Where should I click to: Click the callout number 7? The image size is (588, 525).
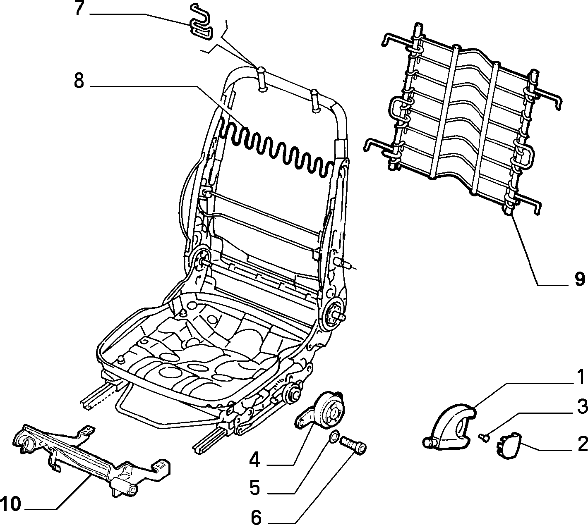(79, 9)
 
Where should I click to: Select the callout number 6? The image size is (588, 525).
(256, 517)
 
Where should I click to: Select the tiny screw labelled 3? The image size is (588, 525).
(483, 437)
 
